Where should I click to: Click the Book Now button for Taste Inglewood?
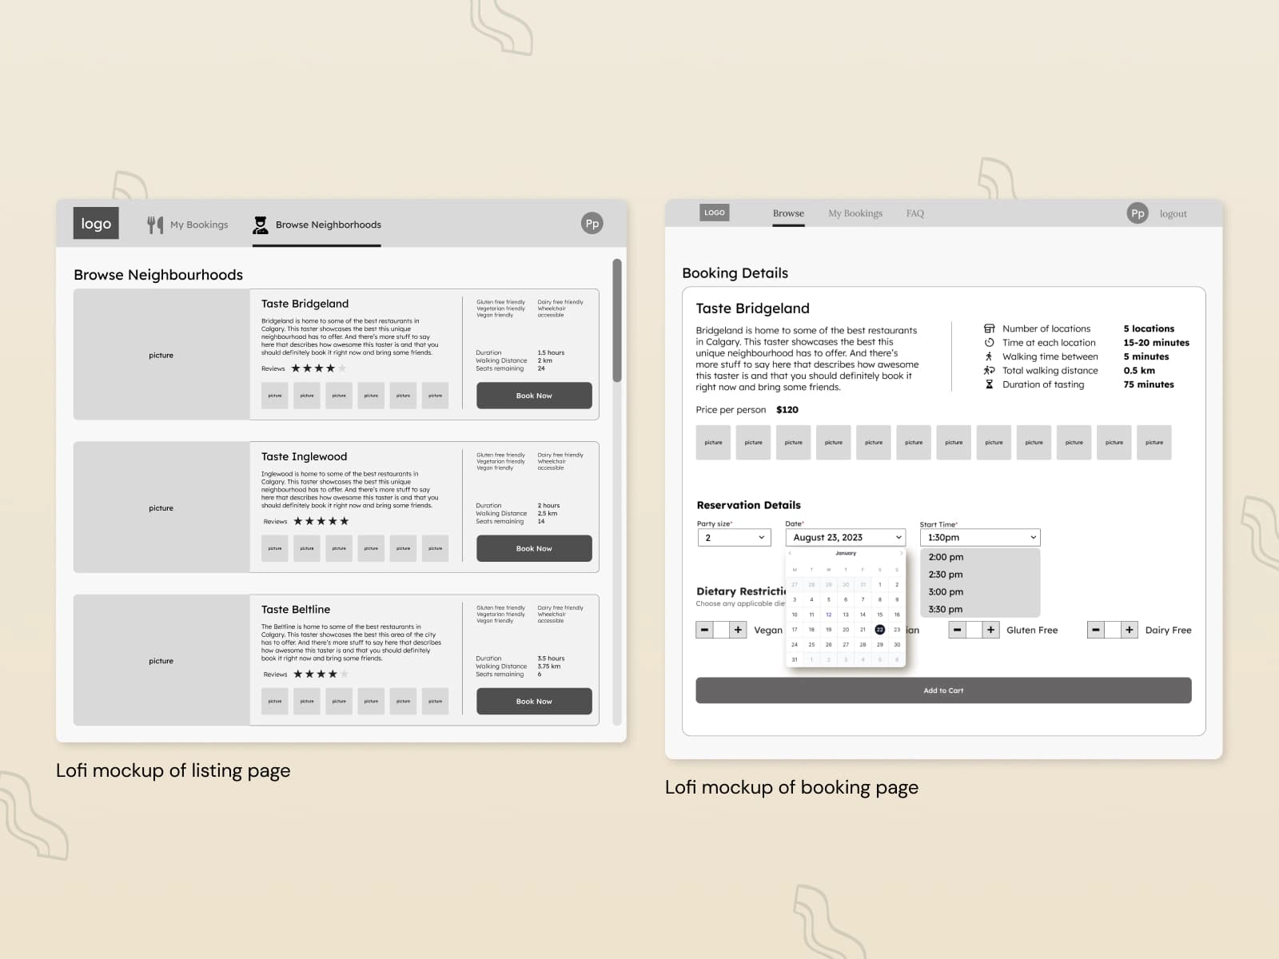click(x=534, y=548)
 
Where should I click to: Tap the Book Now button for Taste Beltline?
click(x=534, y=701)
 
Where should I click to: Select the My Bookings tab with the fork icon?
click(x=189, y=225)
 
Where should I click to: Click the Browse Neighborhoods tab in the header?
click(x=317, y=225)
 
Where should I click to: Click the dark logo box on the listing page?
click(x=96, y=224)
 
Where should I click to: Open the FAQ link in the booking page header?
click(x=915, y=213)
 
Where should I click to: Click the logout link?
click(x=1173, y=213)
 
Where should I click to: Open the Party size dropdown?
click(x=734, y=538)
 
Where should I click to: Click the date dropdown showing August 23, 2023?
click(x=846, y=538)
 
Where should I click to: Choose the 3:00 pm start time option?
click(x=946, y=591)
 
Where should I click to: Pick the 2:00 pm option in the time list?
click(x=946, y=557)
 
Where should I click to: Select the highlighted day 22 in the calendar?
click(x=879, y=630)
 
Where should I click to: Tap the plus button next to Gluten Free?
click(x=990, y=630)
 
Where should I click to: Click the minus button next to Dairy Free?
click(x=1096, y=630)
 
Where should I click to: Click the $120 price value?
click(x=787, y=410)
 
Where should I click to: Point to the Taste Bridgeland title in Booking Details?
click(x=752, y=308)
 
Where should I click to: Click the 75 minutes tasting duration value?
click(x=1148, y=384)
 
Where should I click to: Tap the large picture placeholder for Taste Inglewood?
click(x=161, y=507)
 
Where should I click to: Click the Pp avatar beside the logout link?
click(x=1138, y=213)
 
